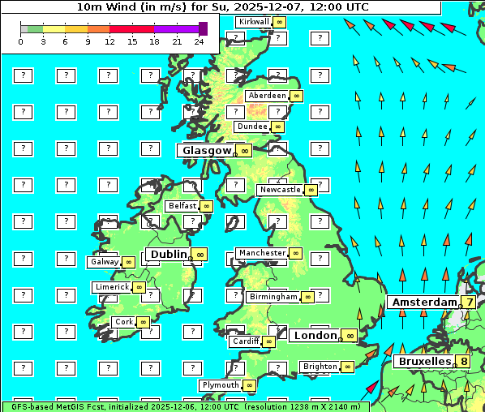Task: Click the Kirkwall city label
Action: (253, 21)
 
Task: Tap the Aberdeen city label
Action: (268, 96)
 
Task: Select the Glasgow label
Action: (207, 150)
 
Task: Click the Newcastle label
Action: (279, 190)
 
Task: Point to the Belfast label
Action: (182, 206)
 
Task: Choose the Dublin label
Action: (168, 254)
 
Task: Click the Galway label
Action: (104, 262)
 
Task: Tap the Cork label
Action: (123, 322)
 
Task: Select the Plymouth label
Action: (221, 385)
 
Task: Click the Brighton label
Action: (320, 367)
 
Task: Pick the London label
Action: (315, 335)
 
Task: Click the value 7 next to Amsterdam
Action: (469, 302)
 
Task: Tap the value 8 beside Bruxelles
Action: (463, 361)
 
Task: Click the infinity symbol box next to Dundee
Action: (277, 127)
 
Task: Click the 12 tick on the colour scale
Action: (109, 41)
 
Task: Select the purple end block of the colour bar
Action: (203, 28)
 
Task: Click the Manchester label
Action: (262, 253)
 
